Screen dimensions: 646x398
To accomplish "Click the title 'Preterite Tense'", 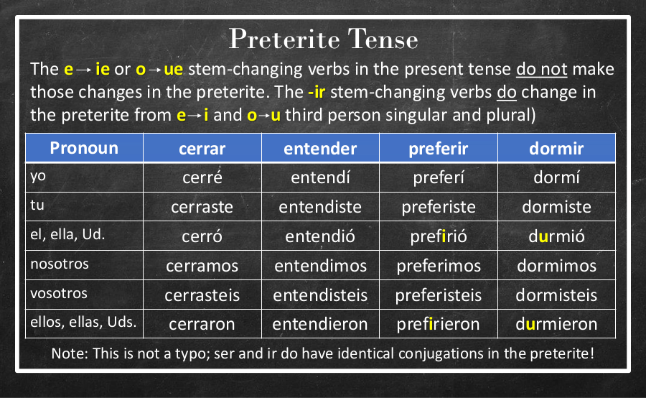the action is click(x=323, y=40).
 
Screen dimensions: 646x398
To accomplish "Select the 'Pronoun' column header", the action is click(x=84, y=148).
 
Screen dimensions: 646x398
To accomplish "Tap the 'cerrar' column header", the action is click(x=202, y=149).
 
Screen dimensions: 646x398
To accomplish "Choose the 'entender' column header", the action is click(x=320, y=149).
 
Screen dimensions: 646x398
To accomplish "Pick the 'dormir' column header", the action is click(x=556, y=149).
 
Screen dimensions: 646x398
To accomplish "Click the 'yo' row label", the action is click(x=38, y=176).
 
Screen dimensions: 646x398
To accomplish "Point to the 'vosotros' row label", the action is click(x=59, y=293).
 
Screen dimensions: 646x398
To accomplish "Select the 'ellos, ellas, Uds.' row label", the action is click(x=83, y=322).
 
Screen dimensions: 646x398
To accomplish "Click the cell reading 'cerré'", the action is click(x=202, y=177).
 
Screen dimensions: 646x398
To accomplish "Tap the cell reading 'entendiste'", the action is click(x=320, y=207).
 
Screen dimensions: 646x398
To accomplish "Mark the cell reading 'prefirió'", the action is click(x=439, y=236).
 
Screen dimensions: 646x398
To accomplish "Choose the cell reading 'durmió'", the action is click(x=556, y=236).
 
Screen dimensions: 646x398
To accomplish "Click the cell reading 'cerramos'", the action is click(x=202, y=266).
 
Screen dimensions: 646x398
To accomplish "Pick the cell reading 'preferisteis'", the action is click(x=439, y=295).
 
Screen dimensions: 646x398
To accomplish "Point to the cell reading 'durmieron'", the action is click(x=556, y=324).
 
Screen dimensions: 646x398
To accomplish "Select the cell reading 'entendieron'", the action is click(x=320, y=324).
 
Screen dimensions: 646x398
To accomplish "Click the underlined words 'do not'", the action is click(x=542, y=69).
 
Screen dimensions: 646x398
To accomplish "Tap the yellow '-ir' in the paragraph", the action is click(x=317, y=92).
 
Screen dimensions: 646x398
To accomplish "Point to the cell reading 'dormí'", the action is click(x=556, y=177).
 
